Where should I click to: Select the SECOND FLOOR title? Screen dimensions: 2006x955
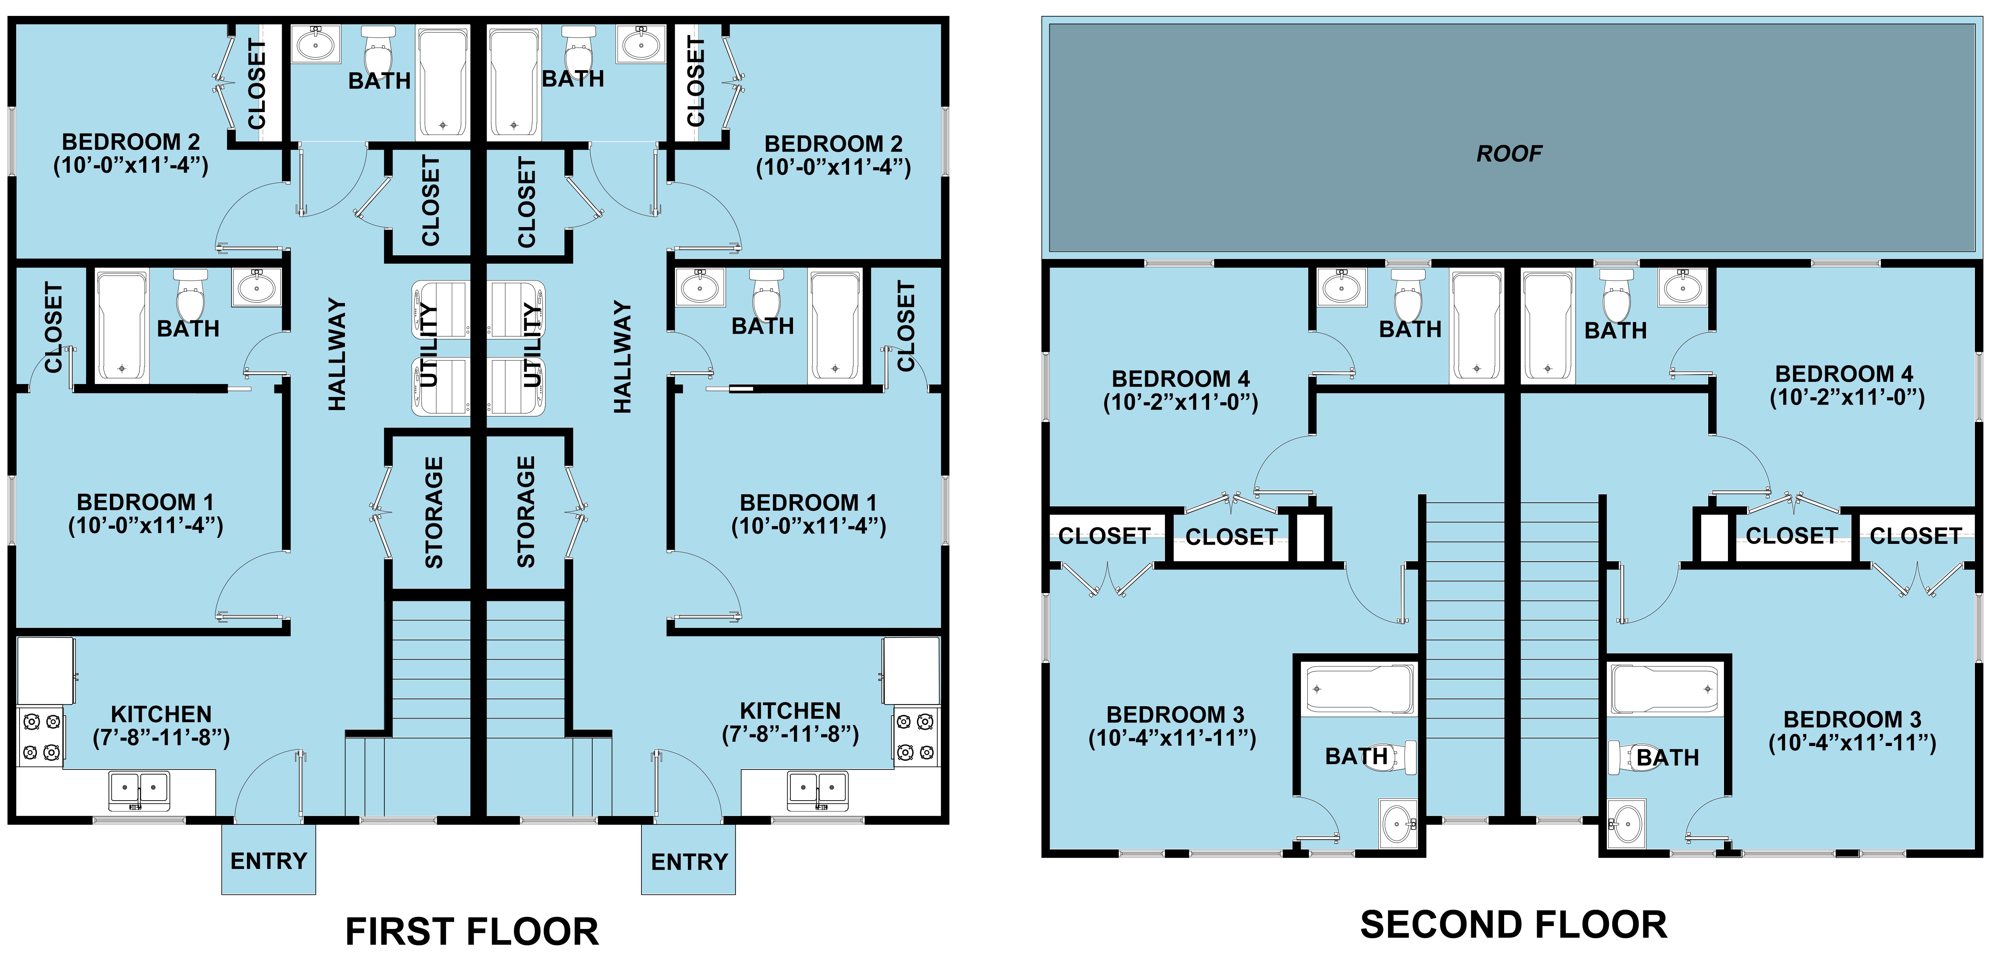(1513, 925)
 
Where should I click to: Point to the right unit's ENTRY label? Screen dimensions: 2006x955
(689, 862)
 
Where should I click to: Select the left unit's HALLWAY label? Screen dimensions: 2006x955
(336, 354)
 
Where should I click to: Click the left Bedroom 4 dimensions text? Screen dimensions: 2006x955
(1181, 403)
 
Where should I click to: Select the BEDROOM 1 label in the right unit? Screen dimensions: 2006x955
(808, 502)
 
